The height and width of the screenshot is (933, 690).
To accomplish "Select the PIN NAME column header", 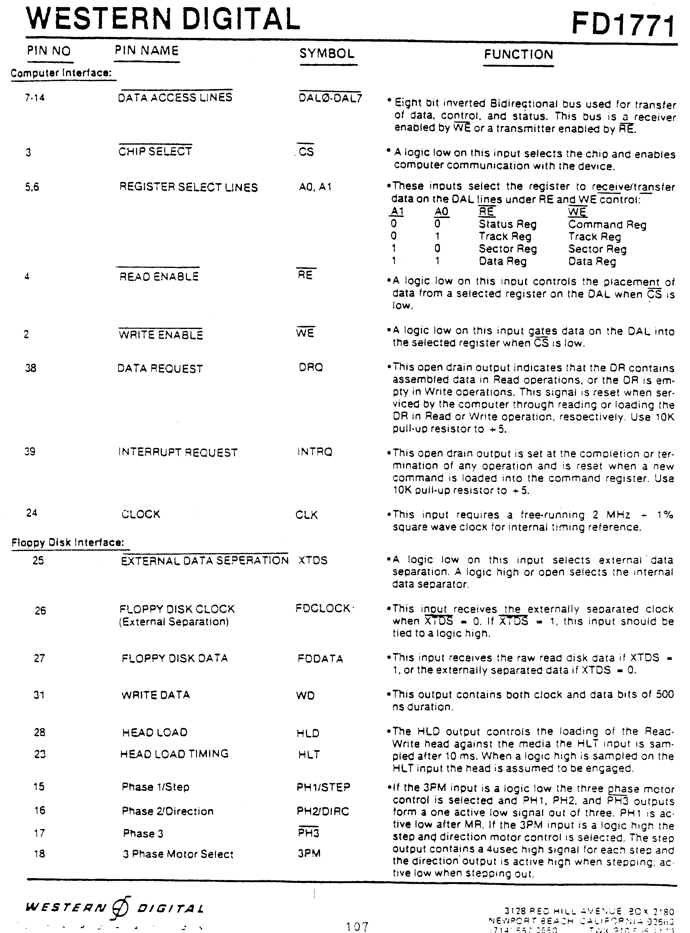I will [x=147, y=51].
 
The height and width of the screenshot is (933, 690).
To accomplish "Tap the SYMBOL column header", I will [x=327, y=53].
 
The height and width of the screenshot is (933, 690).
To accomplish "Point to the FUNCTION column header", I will [x=518, y=54].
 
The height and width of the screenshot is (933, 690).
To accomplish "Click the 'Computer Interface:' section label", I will [x=61, y=73].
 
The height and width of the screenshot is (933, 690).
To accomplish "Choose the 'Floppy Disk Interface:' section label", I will [x=68, y=543].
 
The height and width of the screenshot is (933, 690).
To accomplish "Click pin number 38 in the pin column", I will [x=31, y=368].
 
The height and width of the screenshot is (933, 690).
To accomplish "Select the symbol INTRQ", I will [x=314, y=452].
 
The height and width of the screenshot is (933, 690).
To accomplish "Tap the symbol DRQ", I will [x=311, y=367].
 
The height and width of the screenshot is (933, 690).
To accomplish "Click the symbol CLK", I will [x=306, y=515].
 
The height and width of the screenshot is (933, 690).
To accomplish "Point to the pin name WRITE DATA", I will [x=155, y=695].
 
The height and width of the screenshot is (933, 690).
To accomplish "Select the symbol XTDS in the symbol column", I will [x=313, y=561].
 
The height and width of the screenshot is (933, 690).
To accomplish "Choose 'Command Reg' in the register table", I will [x=607, y=225].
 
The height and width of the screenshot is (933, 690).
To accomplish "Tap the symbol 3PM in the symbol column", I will [x=309, y=853].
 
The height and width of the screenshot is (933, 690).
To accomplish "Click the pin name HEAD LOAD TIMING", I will [x=174, y=754].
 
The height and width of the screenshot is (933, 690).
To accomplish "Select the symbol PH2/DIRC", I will [x=322, y=811].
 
